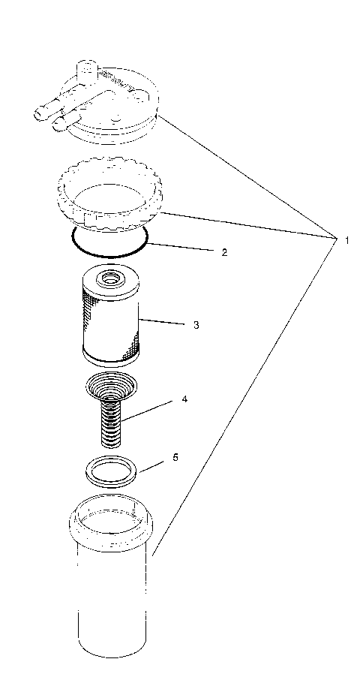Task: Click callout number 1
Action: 346,240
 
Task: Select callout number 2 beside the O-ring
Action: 223,252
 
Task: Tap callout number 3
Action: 195,325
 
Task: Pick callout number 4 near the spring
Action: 184,399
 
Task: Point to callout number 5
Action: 175,457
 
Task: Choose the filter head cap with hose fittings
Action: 112,105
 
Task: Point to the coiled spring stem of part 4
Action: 110,424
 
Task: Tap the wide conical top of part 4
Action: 110,387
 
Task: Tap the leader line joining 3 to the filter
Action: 161,323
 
